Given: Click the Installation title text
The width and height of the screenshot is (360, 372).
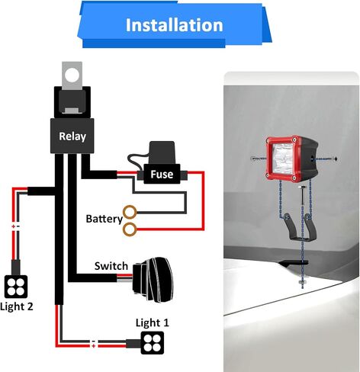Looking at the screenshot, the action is (175, 25).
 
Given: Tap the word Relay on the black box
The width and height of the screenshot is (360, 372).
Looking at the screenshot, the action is (72, 136).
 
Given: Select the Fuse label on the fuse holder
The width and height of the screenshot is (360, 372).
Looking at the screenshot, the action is (162, 174).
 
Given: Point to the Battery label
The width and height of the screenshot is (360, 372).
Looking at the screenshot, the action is (104, 219).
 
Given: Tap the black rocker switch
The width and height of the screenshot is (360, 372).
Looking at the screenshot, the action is (153, 280).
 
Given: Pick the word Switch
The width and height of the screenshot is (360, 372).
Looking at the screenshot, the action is (111, 266).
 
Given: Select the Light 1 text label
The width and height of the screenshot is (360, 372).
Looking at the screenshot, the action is (152, 322).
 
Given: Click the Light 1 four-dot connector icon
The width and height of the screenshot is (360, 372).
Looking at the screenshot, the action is (153, 343).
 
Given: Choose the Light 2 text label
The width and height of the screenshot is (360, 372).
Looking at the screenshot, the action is (17, 306).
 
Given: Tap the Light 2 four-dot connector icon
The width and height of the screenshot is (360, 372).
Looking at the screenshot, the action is (16, 287).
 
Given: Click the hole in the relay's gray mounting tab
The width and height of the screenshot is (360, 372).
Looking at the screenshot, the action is (72, 75).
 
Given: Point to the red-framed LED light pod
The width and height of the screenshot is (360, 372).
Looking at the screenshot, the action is (291, 159).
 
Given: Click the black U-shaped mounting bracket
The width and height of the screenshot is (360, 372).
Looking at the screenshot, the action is (301, 227).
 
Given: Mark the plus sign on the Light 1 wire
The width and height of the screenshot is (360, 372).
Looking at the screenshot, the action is (94, 346).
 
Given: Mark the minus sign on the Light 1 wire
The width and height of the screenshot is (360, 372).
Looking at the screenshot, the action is (94, 342).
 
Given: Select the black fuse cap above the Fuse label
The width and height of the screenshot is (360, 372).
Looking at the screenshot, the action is (162, 152).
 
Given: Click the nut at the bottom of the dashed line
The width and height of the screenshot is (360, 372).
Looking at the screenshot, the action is (302, 282).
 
